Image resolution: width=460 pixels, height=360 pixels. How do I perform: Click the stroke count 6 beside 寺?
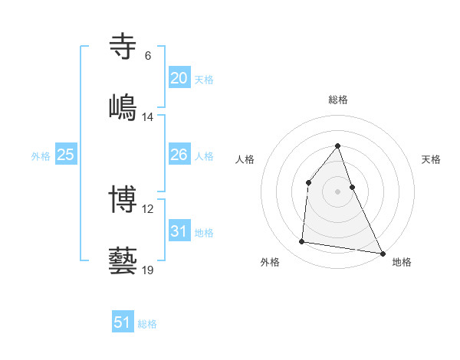pos(148,56)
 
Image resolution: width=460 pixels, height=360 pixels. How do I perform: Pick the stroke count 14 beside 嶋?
pos(148,117)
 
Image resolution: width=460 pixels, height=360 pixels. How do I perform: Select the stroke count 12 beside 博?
pos(148,209)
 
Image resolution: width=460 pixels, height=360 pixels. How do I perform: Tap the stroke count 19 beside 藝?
pos(148,270)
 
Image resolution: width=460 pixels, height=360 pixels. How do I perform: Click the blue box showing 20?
pos(179,78)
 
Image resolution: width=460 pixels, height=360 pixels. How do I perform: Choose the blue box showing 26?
pos(179,155)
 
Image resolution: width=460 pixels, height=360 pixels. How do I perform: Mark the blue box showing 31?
pos(179,231)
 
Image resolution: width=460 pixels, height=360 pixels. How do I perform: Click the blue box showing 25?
pos(66,155)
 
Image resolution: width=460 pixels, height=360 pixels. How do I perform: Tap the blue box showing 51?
pos(123,322)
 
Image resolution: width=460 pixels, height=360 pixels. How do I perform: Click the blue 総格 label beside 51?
pos(147,324)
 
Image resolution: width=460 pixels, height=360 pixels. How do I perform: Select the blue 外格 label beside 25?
pos(41,156)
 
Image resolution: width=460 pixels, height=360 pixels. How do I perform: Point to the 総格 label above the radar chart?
pos(338,100)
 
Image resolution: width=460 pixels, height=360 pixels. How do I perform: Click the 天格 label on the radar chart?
pos(432,159)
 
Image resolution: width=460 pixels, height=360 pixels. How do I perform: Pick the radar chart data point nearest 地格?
pos(383,253)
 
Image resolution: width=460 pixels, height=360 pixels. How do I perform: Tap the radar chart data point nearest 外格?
pos(302,242)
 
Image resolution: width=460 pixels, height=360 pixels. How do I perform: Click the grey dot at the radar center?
pos(338,191)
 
